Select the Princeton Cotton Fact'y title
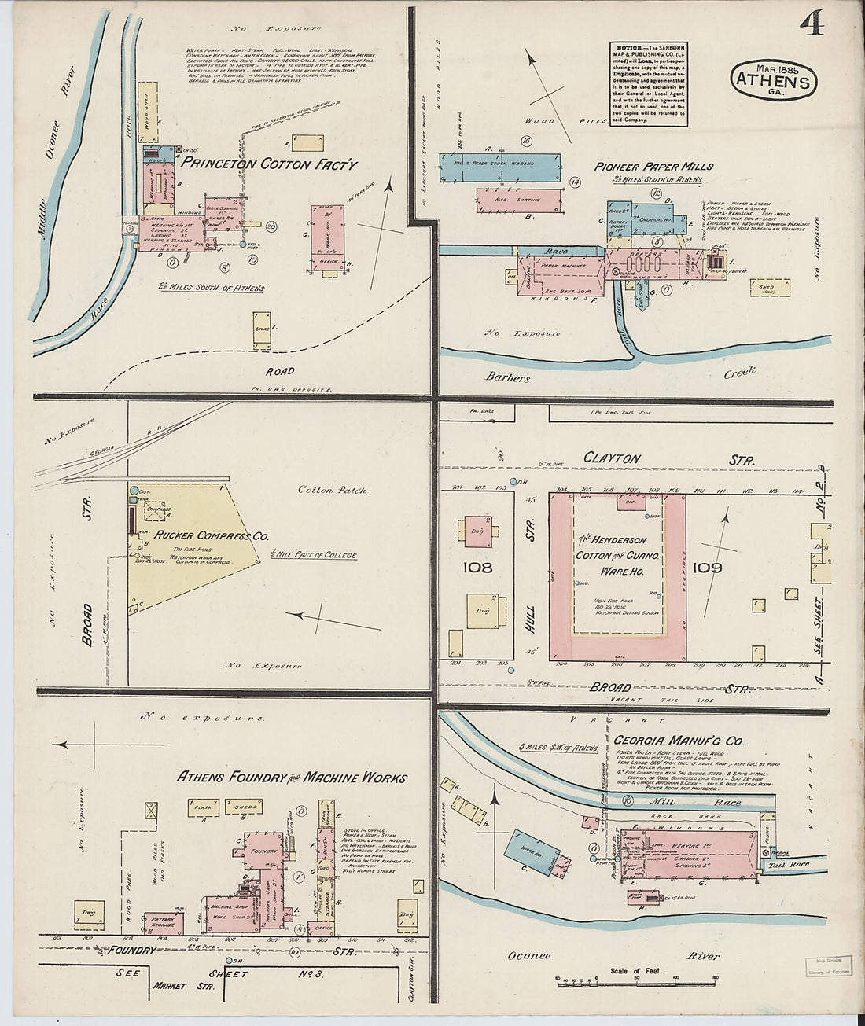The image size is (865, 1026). tap(270, 165)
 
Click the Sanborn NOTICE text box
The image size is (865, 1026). tap(646, 84)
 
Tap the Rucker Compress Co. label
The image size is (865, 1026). tap(212, 535)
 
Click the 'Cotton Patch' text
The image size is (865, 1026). tap(332, 490)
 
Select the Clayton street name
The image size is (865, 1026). tap(612, 458)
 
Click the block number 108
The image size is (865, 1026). tap(477, 567)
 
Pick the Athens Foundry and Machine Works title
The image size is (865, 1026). tap(292, 778)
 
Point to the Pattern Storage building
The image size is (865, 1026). tap(164, 922)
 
